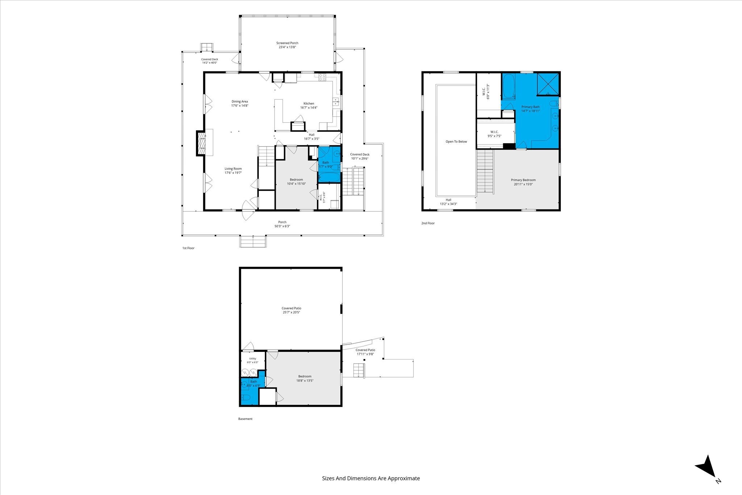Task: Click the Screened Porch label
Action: tap(287, 43)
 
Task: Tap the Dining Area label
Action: tap(240, 101)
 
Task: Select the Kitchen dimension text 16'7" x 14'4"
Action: tap(309, 108)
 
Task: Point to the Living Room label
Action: tap(233, 169)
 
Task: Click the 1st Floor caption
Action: tap(188, 248)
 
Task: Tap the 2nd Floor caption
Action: tap(428, 223)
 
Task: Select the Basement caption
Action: tap(245, 419)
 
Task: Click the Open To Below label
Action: tap(456, 142)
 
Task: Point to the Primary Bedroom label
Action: tap(523, 180)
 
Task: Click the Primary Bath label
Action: tap(530, 107)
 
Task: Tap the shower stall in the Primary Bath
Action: tap(548, 84)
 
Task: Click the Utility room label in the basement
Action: tap(253, 358)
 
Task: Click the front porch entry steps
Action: tap(253, 241)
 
